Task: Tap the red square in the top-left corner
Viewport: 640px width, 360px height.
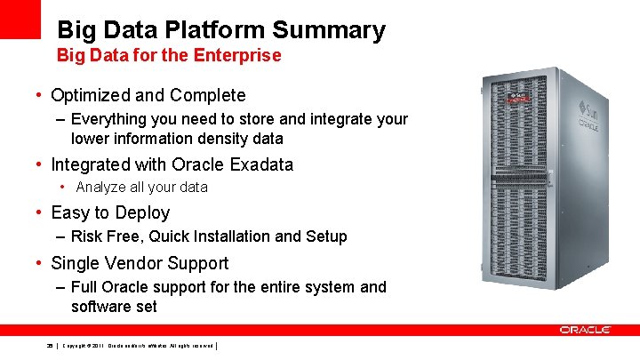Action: pyautogui.click(x=20, y=19)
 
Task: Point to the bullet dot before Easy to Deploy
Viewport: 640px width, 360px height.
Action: pyautogui.click(x=40, y=212)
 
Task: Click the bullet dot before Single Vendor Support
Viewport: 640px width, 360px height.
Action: pyautogui.click(x=40, y=263)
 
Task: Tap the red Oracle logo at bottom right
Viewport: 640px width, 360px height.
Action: pyautogui.click(x=585, y=330)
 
